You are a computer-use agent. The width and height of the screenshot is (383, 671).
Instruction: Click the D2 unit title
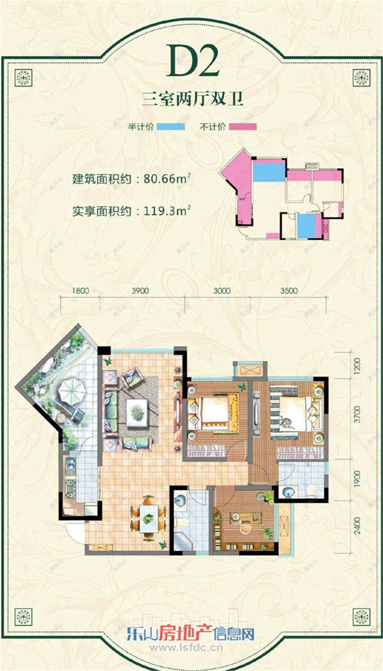tap(193, 62)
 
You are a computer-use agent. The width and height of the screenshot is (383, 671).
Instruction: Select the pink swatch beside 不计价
tap(242, 126)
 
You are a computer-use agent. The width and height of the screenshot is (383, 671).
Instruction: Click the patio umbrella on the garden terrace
tap(72, 390)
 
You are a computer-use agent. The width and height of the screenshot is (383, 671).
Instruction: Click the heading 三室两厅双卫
tap(193, 100)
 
